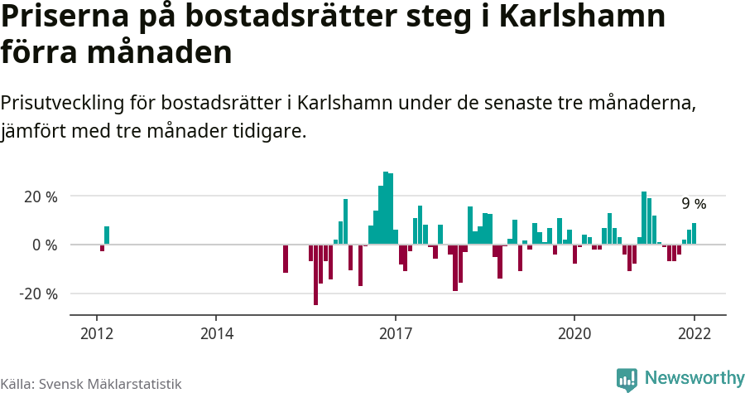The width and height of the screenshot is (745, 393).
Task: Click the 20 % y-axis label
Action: (40, 196)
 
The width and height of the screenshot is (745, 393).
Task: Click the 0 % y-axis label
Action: (45, 245)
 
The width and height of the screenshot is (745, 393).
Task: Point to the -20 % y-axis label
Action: (38, 294)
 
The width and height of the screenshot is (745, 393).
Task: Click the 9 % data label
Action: (694, 204)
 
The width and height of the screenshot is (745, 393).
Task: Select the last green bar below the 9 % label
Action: (694, 234)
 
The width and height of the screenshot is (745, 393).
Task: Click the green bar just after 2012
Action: (107, 235)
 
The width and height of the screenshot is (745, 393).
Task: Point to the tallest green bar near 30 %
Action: (386, 208)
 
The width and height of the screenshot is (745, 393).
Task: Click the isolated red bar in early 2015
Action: (286, 258)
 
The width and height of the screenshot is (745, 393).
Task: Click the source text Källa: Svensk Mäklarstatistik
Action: (91, 384)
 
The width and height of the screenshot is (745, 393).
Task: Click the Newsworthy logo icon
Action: (627, 379)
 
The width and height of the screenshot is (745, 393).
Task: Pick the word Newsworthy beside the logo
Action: (694, 379)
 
